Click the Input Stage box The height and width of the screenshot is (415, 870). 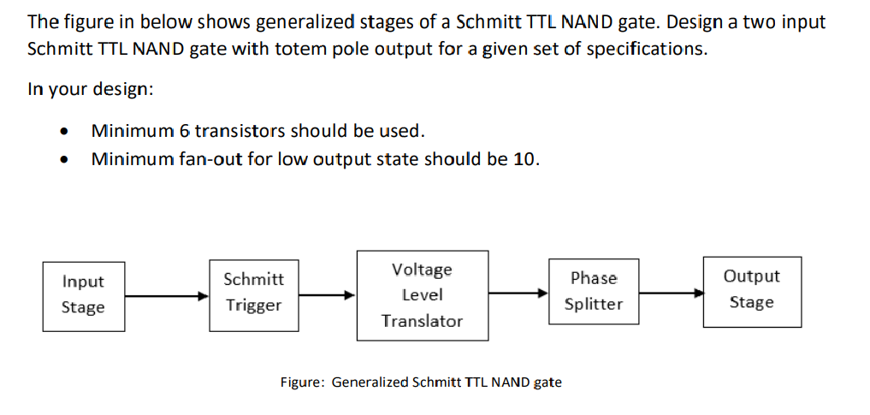pos(83,294)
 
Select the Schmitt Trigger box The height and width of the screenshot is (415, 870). pos(253,293)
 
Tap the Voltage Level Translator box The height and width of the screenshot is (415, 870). pos(422,295)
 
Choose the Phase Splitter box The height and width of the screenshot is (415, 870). pos(594,291)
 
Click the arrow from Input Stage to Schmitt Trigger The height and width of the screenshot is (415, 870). pos(168,295)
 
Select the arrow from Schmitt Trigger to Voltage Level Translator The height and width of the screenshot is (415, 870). pos(327,295)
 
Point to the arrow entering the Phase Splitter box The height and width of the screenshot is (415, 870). pos(518,293)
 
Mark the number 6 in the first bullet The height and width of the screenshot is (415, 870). pos(184,131)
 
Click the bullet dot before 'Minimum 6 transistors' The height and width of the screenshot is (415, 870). pos(62,132)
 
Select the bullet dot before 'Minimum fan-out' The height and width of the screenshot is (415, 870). pos(62,161)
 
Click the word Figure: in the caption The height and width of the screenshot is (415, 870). pos(302,382)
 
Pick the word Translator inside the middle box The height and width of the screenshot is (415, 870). pos(422,321)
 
